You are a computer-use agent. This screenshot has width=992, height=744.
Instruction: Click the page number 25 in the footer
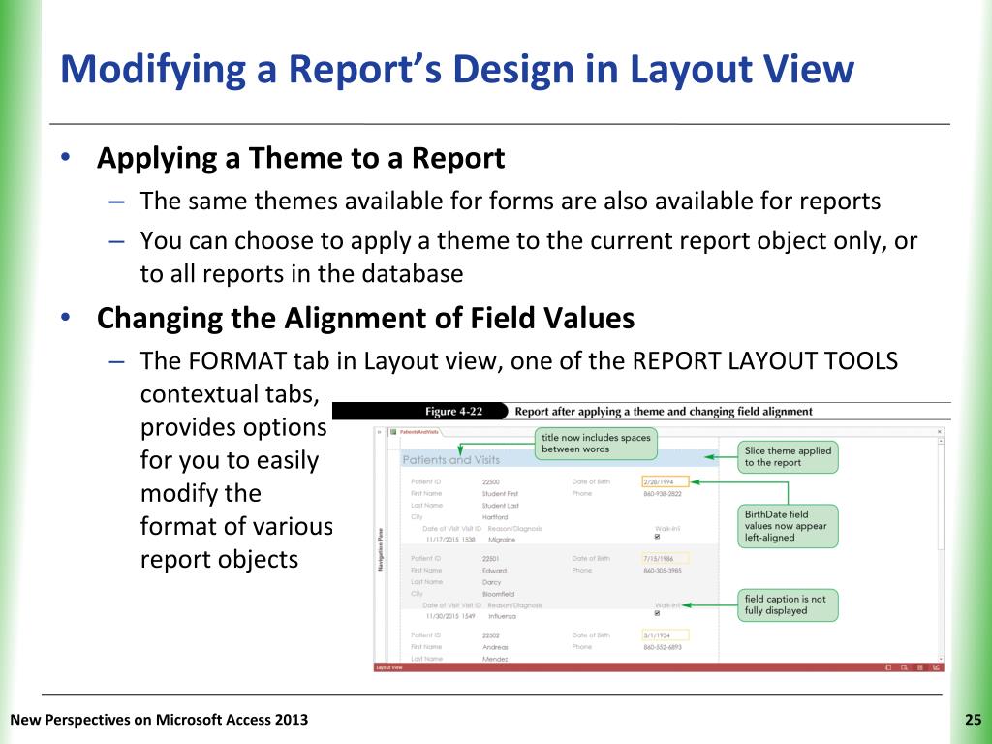973,719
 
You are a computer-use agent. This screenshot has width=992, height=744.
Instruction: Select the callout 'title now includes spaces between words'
595,445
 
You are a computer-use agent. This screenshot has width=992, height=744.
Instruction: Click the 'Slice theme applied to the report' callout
788,456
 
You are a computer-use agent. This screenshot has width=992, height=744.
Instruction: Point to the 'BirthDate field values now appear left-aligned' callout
787,526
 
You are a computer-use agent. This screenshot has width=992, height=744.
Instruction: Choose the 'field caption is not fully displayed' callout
787,604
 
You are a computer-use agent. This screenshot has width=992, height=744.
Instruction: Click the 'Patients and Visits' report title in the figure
450,460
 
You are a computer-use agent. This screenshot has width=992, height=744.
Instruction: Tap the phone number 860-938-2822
663,493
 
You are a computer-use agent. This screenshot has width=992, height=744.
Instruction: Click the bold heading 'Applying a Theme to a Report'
300,158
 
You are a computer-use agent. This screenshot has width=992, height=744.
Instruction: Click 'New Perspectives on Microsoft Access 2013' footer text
159,719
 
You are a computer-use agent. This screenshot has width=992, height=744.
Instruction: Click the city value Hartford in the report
495,517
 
